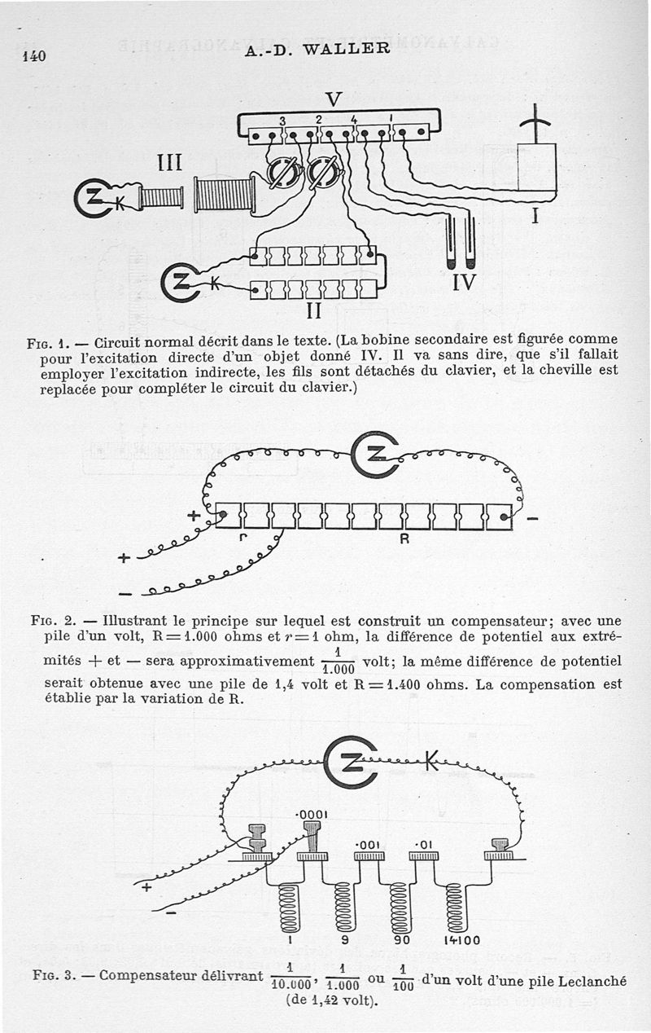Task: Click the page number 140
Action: [x=33, y=56]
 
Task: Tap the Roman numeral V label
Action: [x=333, y=99]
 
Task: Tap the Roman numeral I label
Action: [x=535, y=217]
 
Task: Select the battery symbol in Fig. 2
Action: [x=374, y=455]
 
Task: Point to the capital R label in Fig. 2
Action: [x=402, y=538]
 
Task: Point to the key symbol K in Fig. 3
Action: [x=431, y=763]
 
